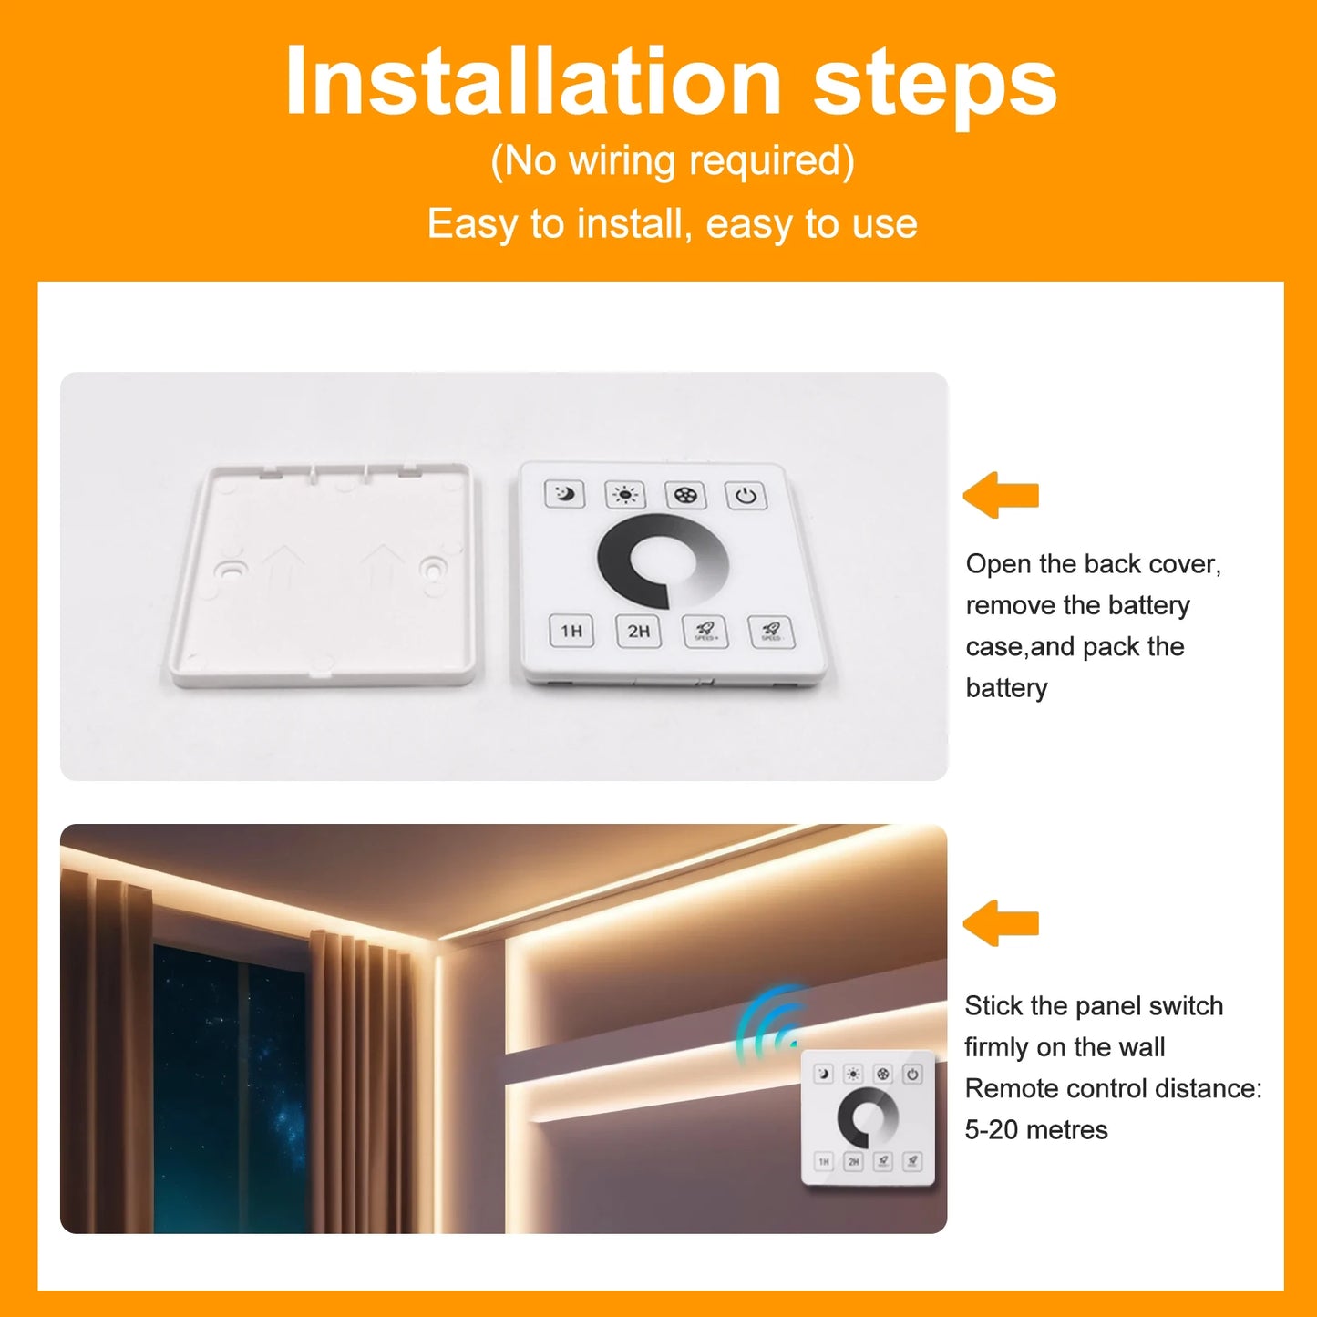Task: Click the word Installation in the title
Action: pyautogui.click(x=532, y=82)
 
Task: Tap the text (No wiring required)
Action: pyautogui.click(x=672, y=161)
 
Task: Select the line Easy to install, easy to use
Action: pyautogui.click(x=672, y=224)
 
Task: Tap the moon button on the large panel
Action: pyautogui.click(x=565, y=495)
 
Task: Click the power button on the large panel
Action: pyautogui.click(x=746, y=496)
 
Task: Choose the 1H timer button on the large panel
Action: pyautogui.click(x=571, y=631)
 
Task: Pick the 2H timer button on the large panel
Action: pyautogui.click(x=638, y=631)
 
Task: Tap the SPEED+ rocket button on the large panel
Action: pyautogui.click(x=705, y=631)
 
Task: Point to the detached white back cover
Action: pyautogui.click(x=324, y=574)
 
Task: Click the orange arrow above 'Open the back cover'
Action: pyautogui.click(x=1001, y=495)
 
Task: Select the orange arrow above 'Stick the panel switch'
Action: pyautogui.click(x=1001, y=922)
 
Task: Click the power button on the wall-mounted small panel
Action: pyautogui.click(x=912, y=1075)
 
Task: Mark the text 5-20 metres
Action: pyautogui.click(x=1036, y=1130)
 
